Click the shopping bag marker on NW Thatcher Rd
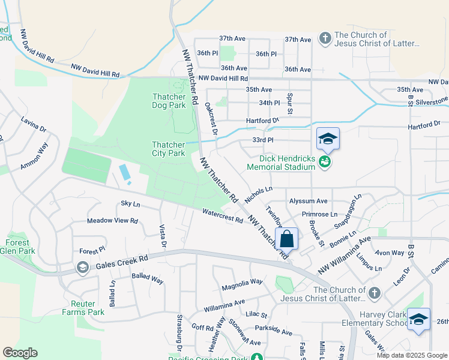[288, 238]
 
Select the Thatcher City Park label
[168, 149]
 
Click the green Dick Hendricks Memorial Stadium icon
[325, 161]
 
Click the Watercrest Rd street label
[222, 216]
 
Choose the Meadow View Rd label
[112, 221]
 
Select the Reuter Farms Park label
[83, 308]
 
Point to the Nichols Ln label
[258, 194]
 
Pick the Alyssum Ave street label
[308, 201]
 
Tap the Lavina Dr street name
[33, 125]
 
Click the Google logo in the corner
[20, 353]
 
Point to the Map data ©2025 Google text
[411, 355]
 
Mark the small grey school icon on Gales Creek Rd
[83, 268]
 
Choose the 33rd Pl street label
[263, 140]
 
